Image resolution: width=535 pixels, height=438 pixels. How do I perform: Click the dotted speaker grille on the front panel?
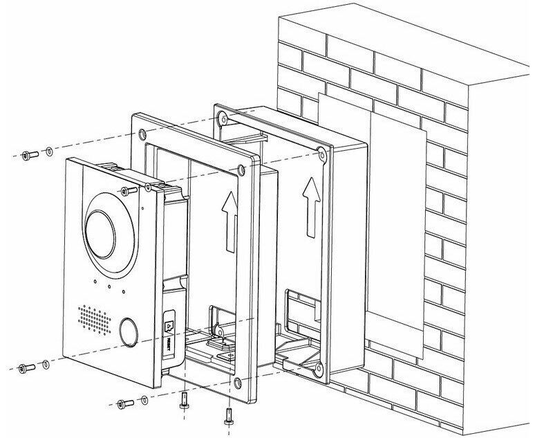[93, 318]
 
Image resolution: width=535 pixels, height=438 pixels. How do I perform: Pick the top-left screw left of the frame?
[27, 155]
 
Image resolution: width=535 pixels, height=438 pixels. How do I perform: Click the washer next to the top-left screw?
[48, 152]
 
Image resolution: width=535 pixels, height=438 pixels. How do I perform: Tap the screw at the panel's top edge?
[125, 190]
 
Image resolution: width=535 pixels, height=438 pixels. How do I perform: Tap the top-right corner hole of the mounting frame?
[239, 167]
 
